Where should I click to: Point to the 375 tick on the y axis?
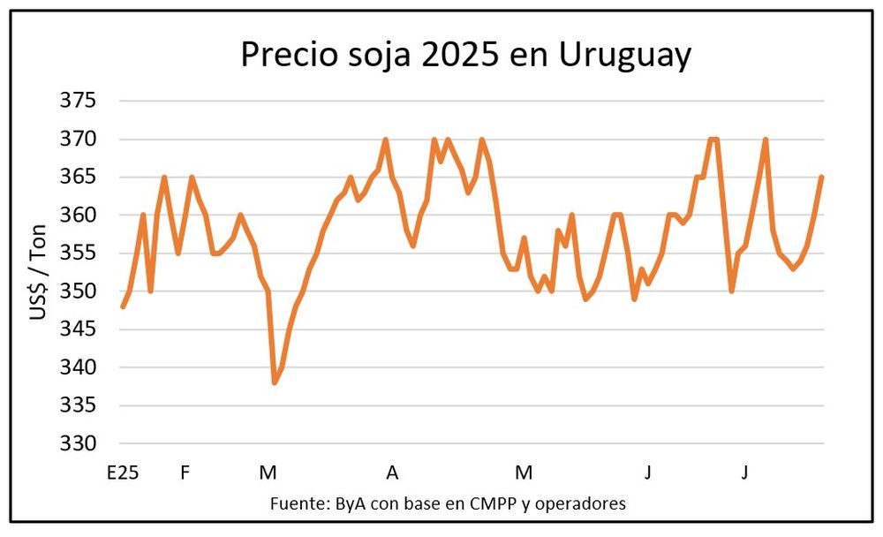coord(78,101)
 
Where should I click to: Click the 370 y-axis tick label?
coord(78,140)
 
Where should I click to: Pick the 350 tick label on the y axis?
coord(78,291)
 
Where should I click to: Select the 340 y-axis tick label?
coord(78,367)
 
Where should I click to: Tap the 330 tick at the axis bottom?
coord(78,443)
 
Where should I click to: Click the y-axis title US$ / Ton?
coord(39,272)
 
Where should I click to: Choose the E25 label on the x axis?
coord(123,473)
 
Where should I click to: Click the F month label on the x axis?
coord(185,473)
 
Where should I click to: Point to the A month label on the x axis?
coord(392,473)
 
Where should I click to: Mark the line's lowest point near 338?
coord(275,382)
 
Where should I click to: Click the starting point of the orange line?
coord(123,306)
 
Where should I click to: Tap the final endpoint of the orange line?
coord(822,178)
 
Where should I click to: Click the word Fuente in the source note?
coord(299,504)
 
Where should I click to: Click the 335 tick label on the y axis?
coord(78,405)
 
